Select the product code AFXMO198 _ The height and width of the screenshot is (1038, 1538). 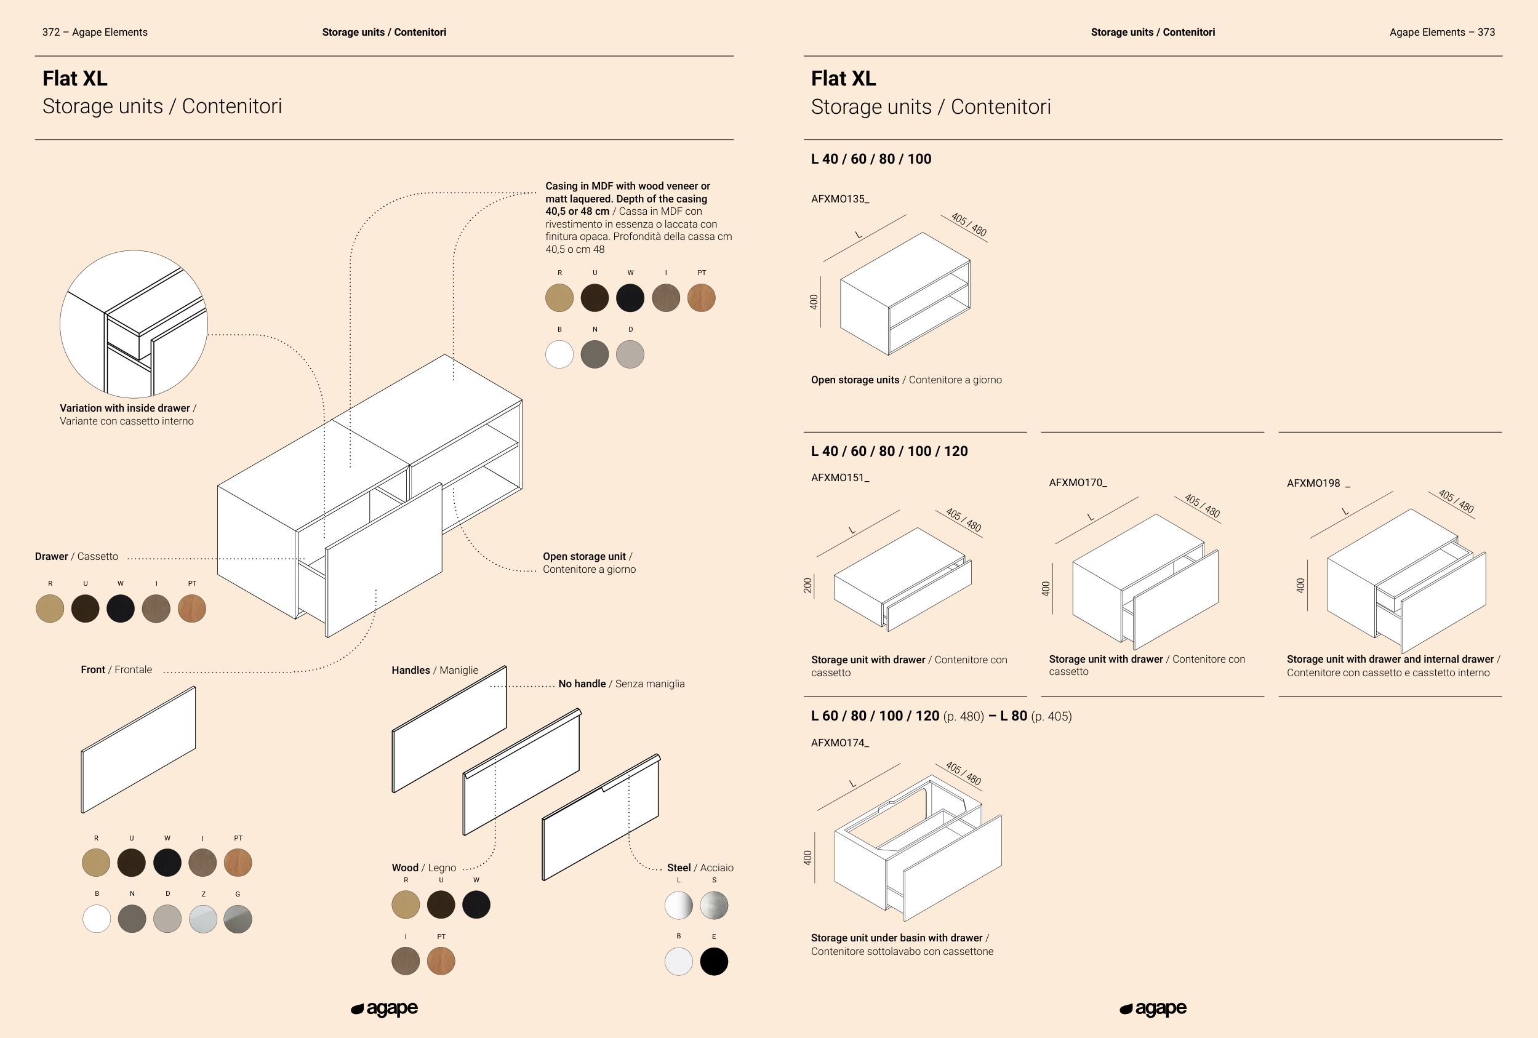click(x=1318, y=484)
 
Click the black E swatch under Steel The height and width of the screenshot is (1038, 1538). click(x=714, y=961)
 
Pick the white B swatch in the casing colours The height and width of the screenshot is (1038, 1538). click(x=559, y=354)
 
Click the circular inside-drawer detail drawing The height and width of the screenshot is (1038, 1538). click(x=134, y=324)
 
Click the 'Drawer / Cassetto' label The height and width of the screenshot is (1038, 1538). click(x=77, y=557)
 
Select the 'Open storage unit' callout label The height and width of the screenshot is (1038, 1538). click(x=588, y=563)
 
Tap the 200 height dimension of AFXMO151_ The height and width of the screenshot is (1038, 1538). click(x=808, y=586)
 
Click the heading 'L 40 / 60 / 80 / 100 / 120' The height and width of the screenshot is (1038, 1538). click(x=889, y=451)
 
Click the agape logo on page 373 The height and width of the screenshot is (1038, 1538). click(x=1153, y=1009)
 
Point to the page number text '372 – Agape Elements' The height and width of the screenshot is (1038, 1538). click(x=95, y=33)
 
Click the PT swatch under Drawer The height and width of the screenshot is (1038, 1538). click(x=192, y=609)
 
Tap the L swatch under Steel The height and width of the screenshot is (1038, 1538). click(x=678, y=906)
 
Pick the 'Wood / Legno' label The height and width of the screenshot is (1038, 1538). click(x=423, y=868)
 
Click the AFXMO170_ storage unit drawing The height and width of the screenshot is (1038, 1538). click(x=1145, y=582)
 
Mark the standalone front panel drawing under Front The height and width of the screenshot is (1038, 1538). click(x=138, y=749)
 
